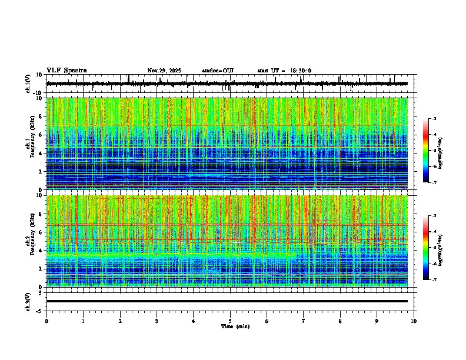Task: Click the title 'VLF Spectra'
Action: [x=66, y=71]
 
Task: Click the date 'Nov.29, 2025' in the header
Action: [x=164, y=71]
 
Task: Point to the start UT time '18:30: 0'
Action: [x=300, y=71]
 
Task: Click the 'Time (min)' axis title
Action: [x=235, y=326]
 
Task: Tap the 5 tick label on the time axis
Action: [x=230, y=321]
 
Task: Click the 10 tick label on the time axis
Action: [x=414, y=321]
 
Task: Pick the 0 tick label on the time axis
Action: [x=46, y=321]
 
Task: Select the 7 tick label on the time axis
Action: [x=304, y=321]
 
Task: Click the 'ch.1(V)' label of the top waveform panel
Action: [x=28, y=84]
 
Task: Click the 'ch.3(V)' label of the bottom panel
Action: [x=28, y=301]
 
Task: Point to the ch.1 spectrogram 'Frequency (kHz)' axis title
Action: [x=31, y=144]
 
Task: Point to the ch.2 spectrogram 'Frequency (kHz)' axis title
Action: [x=31, y=241]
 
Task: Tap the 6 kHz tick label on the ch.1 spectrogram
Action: [x=41, y=135]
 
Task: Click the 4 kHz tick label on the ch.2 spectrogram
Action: [x=41, y=251]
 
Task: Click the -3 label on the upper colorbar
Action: [x=434, y=119]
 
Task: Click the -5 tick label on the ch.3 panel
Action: [x=39, y=310]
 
